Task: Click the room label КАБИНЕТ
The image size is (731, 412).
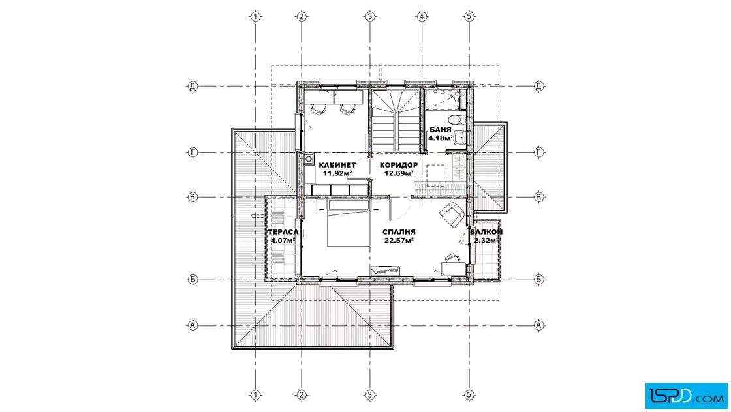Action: [x=337, y=165]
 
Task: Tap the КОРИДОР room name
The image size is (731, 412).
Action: [x=399, y=165]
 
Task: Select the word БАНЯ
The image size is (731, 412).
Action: [x=440, y=130]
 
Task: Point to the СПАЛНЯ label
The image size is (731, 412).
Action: [x=399, y=232]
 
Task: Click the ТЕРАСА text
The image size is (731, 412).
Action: [x=283, y=232]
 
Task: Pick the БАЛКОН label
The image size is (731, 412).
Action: [x=486, y=232]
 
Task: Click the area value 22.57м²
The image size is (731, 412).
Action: [x=399, y=240]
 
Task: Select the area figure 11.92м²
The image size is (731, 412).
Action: [x=337, y=173]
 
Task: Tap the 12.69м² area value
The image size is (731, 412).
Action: [x=399, y=173]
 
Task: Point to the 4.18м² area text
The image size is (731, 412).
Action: [x=441, y=138]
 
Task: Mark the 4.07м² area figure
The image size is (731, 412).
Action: [x=283, y=240]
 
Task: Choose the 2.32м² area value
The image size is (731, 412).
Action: [x=486, y=240]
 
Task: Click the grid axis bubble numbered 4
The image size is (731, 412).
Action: [x=422, y=16]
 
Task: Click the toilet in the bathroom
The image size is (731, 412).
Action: [x=459, y=119]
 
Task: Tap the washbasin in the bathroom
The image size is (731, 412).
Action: [x=459, y=138]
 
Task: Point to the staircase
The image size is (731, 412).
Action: [x=396, y=121]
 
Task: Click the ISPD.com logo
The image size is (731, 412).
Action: [x=686, y=395]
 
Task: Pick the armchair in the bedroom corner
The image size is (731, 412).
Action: [x=451, y=214]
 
